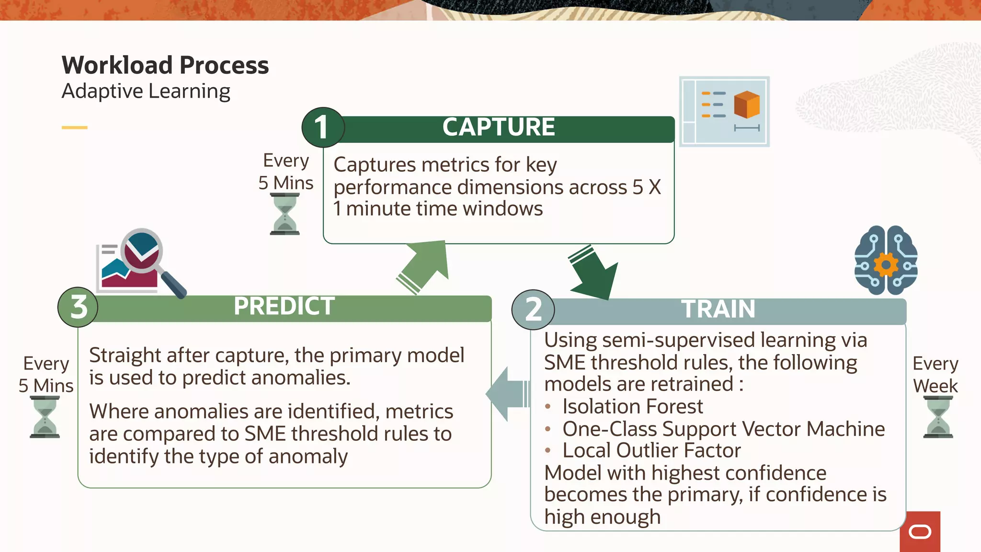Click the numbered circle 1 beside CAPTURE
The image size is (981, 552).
(323, 127)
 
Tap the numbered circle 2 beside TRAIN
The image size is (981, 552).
(533, 310)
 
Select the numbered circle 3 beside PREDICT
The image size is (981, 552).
(78, 307)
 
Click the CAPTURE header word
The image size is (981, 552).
(498, 127)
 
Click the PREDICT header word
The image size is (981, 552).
(284, 306)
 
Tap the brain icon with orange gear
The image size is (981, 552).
(886, 261)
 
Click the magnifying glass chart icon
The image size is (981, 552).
(139, 262)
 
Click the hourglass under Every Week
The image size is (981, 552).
(938, 417)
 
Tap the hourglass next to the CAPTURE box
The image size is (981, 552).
(285, 214)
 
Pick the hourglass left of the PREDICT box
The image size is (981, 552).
(45, 417)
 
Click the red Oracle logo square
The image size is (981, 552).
(920, 531)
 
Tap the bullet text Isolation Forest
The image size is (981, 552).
(632, 407)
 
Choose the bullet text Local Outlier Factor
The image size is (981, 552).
(651, 451)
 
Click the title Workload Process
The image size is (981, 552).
(165, 65)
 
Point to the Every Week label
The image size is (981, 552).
(935, 375)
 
